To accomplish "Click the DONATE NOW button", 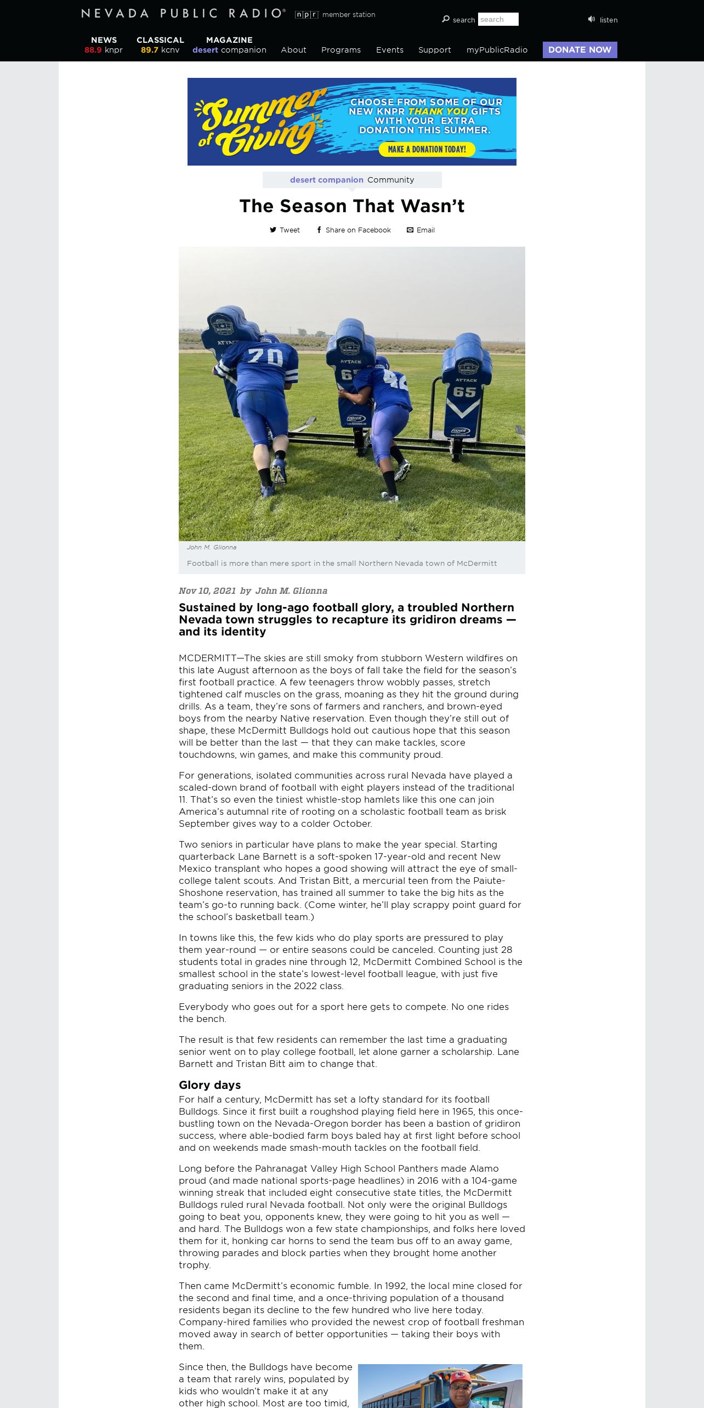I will click(580, 50).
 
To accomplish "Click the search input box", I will click(498, 20).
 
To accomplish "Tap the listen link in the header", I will click(603, 20).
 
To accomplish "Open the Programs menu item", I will click(341, 50).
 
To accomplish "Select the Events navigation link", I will click(390, 50).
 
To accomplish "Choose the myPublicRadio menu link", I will click(497, 50).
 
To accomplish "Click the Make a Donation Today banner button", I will click(427, 149).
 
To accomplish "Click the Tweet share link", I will click(285, 230).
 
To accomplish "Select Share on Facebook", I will click(354, 230).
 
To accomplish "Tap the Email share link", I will click(421, 230).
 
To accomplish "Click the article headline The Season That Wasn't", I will click(352, 206).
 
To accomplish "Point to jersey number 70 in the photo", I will click(265, 357).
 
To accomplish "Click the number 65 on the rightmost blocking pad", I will click(464, 391).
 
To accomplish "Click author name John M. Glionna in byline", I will click(291, 591).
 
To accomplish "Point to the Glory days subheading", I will click(209, 1085).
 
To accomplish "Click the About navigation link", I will click(293, 50).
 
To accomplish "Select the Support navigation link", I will click(434, 50).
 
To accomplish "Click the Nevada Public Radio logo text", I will click(183, 14).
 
